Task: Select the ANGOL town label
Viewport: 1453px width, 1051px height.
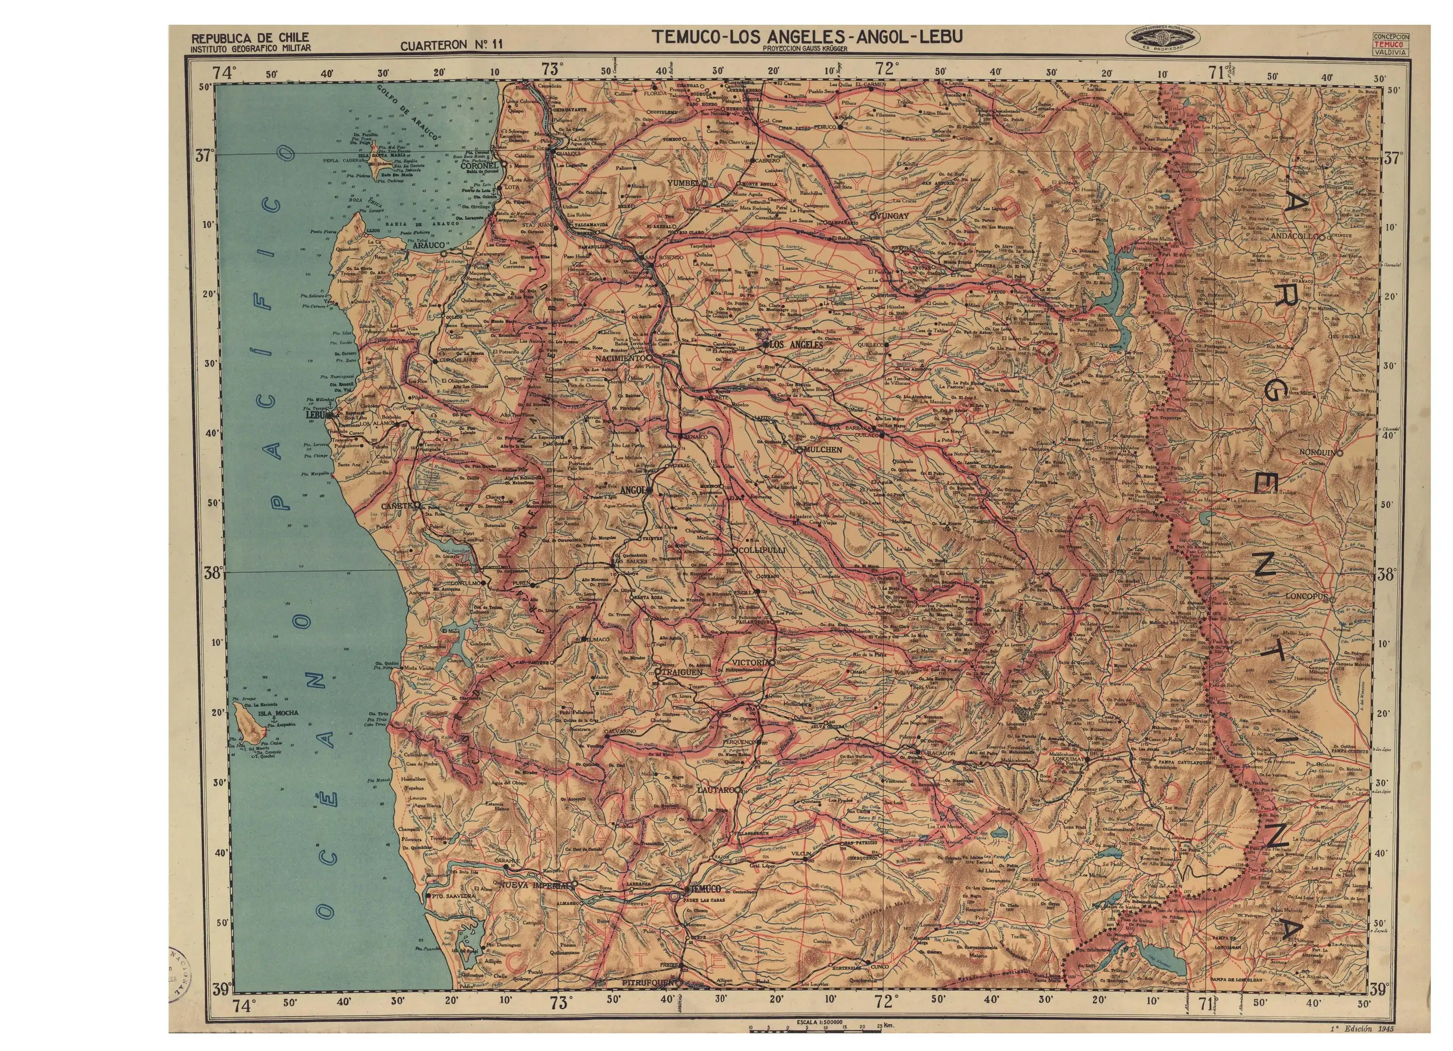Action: (x=633, y=490)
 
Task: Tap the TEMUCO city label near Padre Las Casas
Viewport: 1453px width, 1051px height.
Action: (x=705, y=889)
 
